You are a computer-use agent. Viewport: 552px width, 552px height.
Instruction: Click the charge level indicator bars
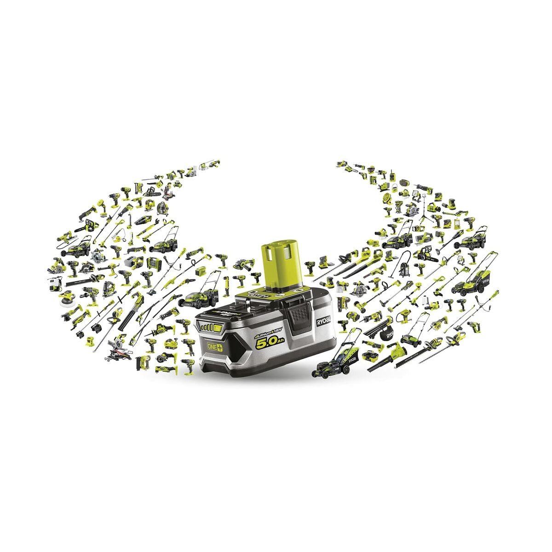point(211,328)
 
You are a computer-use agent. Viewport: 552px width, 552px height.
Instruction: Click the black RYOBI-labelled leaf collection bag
point(389,333)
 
